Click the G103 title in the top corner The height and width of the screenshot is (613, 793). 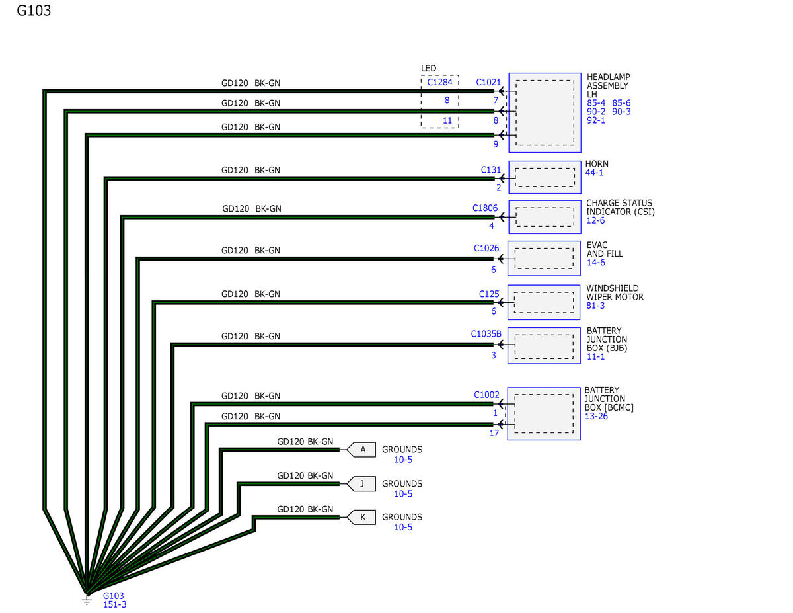[34, 11]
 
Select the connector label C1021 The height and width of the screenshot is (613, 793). [488, 83]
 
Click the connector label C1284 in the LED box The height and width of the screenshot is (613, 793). [439, 83]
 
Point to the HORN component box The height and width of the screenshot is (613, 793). [545, 177]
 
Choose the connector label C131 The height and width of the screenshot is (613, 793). [491, 169]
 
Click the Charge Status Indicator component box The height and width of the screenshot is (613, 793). [545, 217]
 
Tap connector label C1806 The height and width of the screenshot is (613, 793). [485, 208]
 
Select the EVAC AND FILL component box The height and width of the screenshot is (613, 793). [544, 258]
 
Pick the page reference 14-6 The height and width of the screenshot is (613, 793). [595, 263]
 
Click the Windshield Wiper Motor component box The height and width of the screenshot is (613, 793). [544, 302]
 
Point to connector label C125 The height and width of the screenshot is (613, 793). [488, 293]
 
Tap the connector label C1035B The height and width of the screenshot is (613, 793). [486, 333]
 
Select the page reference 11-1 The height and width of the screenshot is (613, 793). [595, 356]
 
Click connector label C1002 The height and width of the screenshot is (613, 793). [486, 395]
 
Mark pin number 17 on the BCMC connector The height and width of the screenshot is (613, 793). [494, 434]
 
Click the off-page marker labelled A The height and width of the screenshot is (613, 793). [361, 450]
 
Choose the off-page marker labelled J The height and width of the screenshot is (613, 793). [361, 483]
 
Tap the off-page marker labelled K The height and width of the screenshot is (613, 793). [361, 517]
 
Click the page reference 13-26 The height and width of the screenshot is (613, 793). [596, 417]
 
